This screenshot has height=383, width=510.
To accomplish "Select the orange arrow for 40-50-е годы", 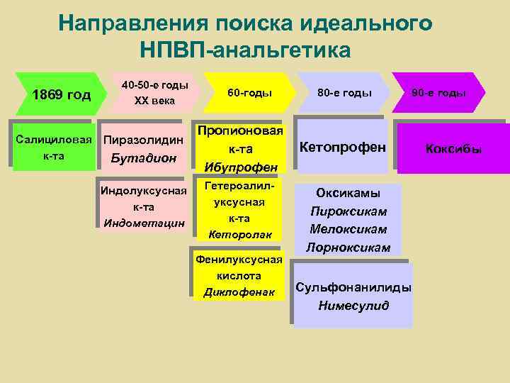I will [154, 93].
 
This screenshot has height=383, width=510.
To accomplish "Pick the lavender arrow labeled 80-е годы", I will [344, 92].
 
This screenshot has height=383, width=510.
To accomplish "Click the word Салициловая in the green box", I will [51, 138].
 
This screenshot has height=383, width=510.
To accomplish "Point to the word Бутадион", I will [144, 157].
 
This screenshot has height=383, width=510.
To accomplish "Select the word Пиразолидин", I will [144, 140].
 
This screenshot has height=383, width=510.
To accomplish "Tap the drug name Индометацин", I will [144, 223].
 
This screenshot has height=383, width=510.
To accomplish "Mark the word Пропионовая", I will [240, 131].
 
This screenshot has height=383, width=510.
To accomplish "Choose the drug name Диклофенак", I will [239, 292].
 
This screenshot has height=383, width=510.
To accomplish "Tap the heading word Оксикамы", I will [348, 193].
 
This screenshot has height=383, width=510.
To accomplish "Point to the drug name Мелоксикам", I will [348, 229].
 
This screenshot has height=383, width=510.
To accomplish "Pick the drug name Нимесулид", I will [353, 306].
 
